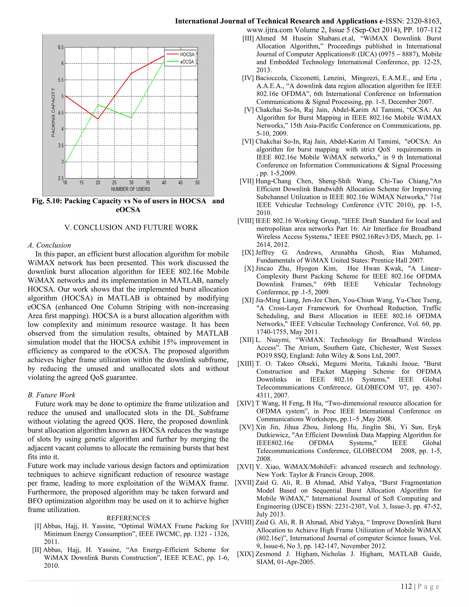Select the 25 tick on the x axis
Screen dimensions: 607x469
[114, 183]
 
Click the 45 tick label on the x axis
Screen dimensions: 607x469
[181, 183]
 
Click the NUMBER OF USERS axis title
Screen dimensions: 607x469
[131, 189]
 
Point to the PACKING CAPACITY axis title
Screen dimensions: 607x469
[53, 112]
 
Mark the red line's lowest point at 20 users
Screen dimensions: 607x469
[98, 119]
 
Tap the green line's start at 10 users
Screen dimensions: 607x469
[65, 163]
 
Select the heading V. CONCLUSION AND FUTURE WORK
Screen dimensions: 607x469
[131, 227]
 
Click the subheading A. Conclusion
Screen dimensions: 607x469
[49, 245]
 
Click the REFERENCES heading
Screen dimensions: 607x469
[128, 518]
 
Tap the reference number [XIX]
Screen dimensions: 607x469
[245, 554]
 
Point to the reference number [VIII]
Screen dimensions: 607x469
[246, 221]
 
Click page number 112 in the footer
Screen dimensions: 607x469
[406, 586]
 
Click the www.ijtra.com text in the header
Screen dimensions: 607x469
[270, 30]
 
